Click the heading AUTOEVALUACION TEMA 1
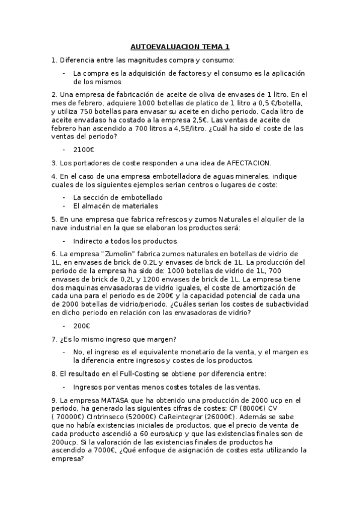[180, 47]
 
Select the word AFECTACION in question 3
[249, 162]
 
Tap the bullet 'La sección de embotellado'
[117, 197]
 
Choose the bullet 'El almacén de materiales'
[115, 206]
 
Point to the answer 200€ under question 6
[81, 326]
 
